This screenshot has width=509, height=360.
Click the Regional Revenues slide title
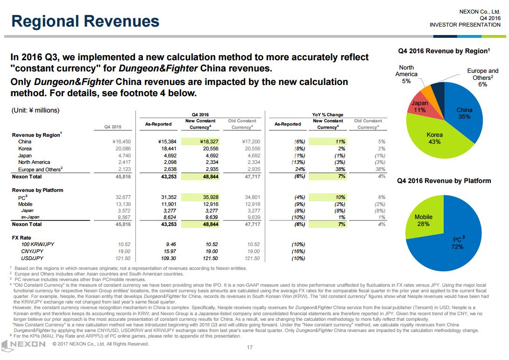click(85, 21)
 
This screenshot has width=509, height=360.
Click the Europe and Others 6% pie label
click(482, 78)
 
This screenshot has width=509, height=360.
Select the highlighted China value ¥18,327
click(206, 141)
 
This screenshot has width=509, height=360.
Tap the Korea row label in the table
click(25, 148)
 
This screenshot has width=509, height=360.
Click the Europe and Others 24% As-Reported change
click(299, 169)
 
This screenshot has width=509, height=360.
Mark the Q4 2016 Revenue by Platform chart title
click(444, 181)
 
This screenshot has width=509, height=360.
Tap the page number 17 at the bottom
click(249, 347)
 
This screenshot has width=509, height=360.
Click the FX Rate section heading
click(21, 238)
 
